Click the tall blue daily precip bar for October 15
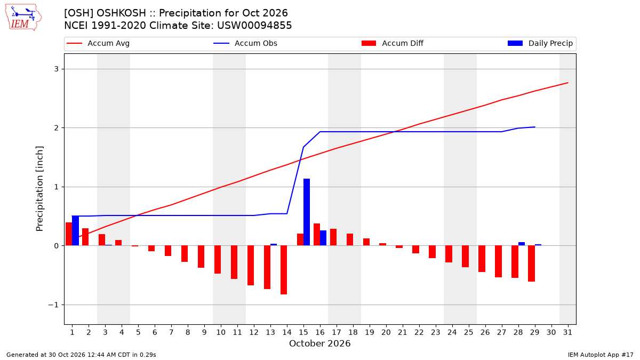[x=307, y=212]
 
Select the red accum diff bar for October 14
[x=284, y=270]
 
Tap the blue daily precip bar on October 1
[x=75, y=230]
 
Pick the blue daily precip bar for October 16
[x=323, y=238]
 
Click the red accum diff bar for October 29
[x=531, y=263]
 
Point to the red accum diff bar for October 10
[x=218, y=260]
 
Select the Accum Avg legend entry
[x=98, y=43]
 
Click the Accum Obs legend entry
[x=245, y=43]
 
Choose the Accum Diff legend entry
[x=393, y=43]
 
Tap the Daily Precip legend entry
[x=540, y=43]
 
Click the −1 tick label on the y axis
[x=53, y=305]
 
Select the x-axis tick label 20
[x=386, y=332]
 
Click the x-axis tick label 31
[x=567, y=332]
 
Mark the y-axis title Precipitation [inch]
[x=39, y=189]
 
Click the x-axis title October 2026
[x=319, y=343]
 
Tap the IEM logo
[x=23, y=18]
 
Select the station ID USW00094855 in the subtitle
[x=254, y=26]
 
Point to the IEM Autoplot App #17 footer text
[x=601, y=355]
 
